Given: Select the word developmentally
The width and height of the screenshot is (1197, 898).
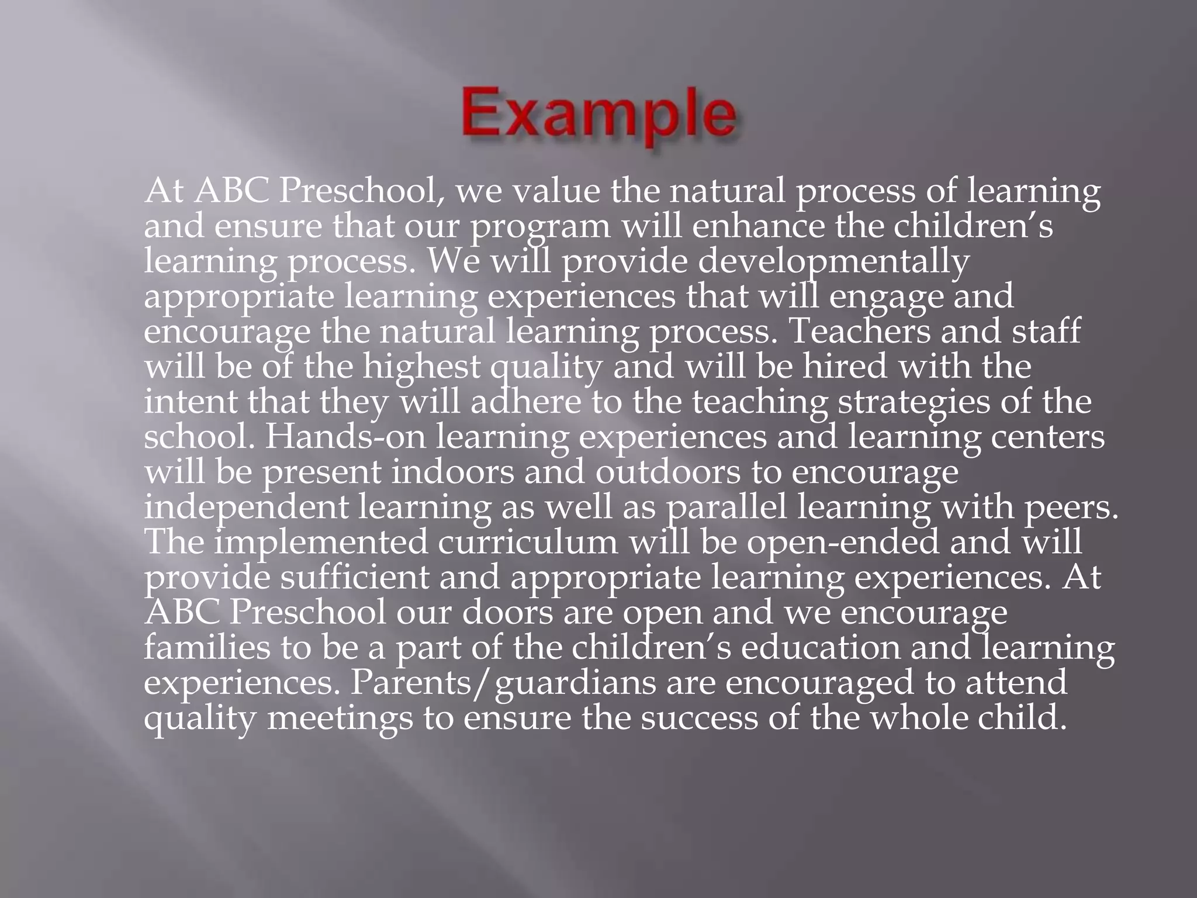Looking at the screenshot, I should [833, 261].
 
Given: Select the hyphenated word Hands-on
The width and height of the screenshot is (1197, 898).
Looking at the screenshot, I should [345, 437].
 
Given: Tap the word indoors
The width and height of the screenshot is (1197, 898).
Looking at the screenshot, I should [452, 472].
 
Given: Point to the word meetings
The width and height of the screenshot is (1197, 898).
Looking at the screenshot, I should [340, 718].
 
